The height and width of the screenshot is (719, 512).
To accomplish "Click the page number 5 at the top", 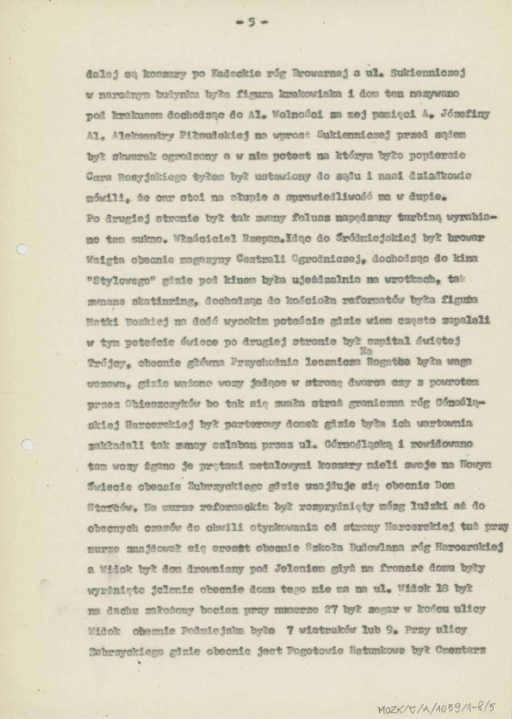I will point(251,22).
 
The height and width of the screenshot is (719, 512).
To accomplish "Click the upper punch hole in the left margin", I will point(22,249).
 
